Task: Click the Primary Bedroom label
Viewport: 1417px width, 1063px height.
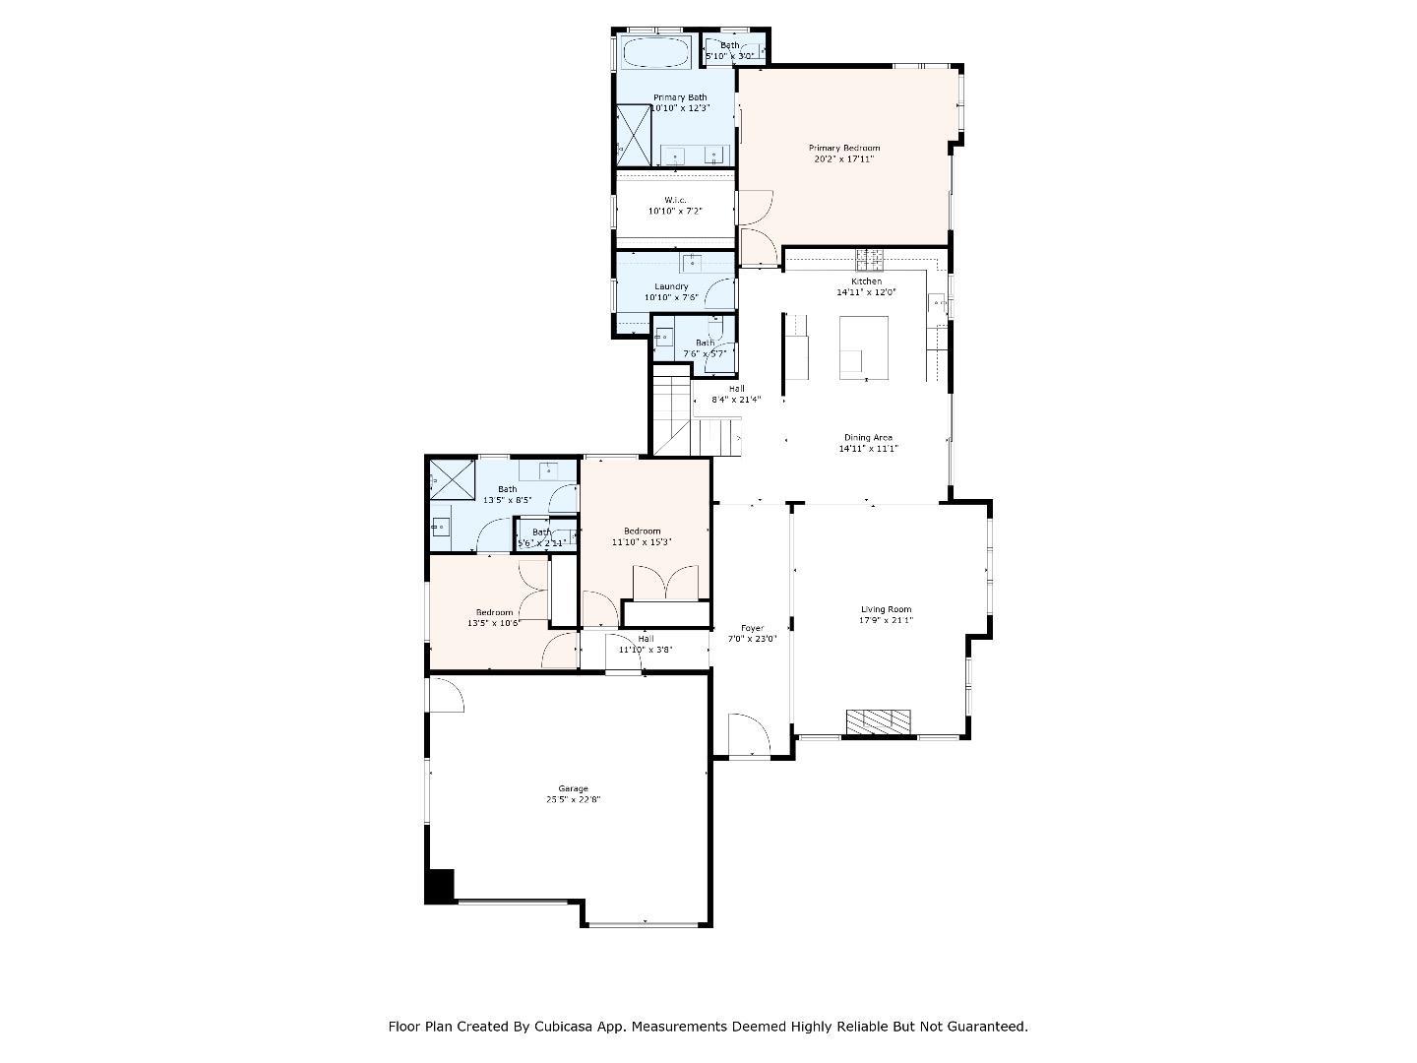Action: click(843, 148)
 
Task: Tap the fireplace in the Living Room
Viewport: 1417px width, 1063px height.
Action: click(879, 721)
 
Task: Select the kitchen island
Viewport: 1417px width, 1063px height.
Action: click(863, 346)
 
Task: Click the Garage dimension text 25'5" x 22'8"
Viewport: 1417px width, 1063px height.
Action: click(573, 799)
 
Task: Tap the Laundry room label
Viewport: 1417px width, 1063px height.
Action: click(671, 286)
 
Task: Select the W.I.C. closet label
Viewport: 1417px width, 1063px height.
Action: click(674, 200)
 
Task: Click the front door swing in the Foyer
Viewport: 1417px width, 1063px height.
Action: click(748, 734)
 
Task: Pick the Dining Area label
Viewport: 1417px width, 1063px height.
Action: click(868, 438)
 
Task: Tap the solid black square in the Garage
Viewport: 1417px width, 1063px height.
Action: click(439, 885)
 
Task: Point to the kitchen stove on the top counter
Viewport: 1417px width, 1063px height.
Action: click(869, 260)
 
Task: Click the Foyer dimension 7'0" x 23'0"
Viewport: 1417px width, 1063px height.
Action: click(752, 639)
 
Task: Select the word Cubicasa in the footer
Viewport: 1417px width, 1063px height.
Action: click(568, 1027)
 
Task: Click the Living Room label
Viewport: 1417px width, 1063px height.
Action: click(886, 609)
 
